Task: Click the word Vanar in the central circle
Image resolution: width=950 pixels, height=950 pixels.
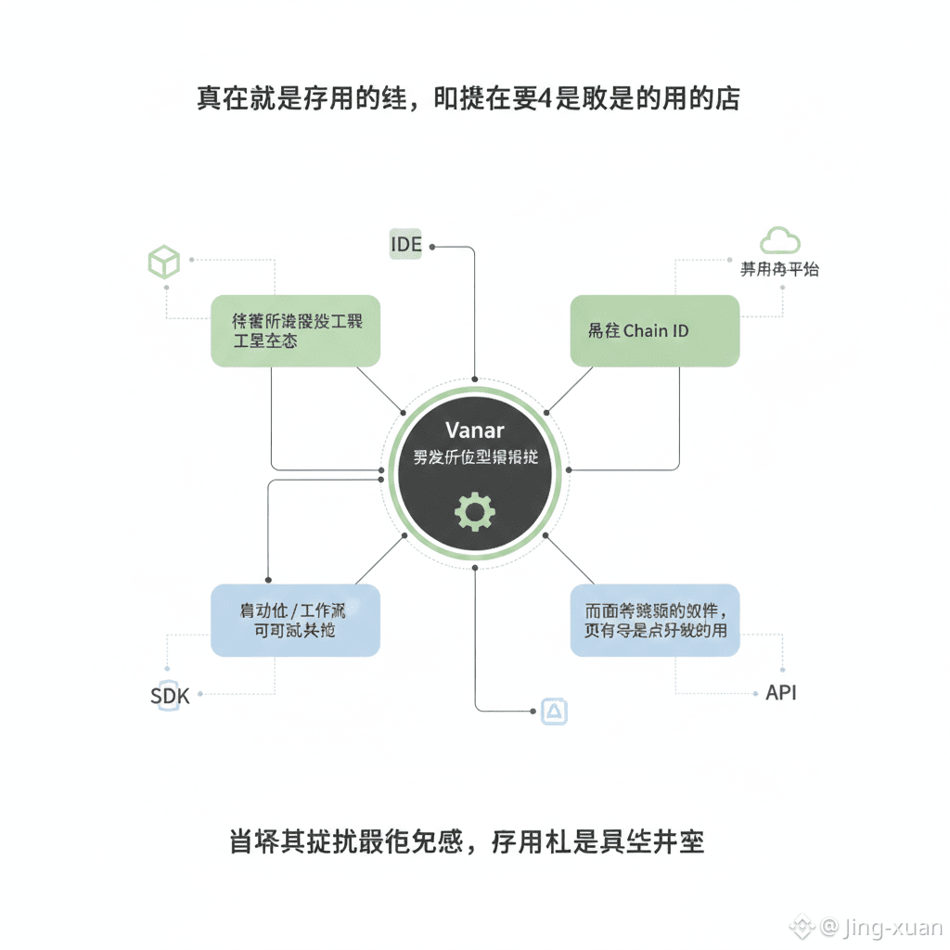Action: pyautogui.click(x=475, y=430)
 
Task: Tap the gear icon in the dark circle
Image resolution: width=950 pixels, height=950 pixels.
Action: pyautogui.click(x=476, y=511)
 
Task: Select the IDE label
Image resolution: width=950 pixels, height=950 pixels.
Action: pyautogui.click(x=405, y=245)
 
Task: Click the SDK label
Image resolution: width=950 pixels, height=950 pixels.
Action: pyautogui.click(x=170, y=696)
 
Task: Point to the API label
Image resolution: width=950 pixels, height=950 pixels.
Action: pyautogui.click(x=780, y=693)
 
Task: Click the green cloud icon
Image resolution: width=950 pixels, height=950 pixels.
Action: pyautogui.click(x=779, y=240)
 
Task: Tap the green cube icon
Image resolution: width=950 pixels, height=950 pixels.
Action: pyautogui.click(x=163, y=262)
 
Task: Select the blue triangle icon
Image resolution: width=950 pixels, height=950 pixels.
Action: pyautogui.click(x=553, y=712)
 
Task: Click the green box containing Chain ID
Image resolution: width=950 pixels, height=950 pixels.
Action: pyautogui.click(x=654, y=330)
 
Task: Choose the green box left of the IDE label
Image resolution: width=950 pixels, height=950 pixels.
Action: pyautogui.click(x=296, y=330)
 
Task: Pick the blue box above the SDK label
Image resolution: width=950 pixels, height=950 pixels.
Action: pyautogui.click(x=295, y=620)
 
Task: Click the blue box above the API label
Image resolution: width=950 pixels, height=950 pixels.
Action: pyautogui.click(x=654, y=620)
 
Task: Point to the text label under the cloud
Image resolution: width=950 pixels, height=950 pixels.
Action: pyautogui.click(x=779, y=270)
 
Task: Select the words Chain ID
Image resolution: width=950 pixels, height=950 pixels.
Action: pyautogui.click(x=656, y=330)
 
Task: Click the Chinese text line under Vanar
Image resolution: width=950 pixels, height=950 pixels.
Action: pyautogui.click(x=475, y=457)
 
